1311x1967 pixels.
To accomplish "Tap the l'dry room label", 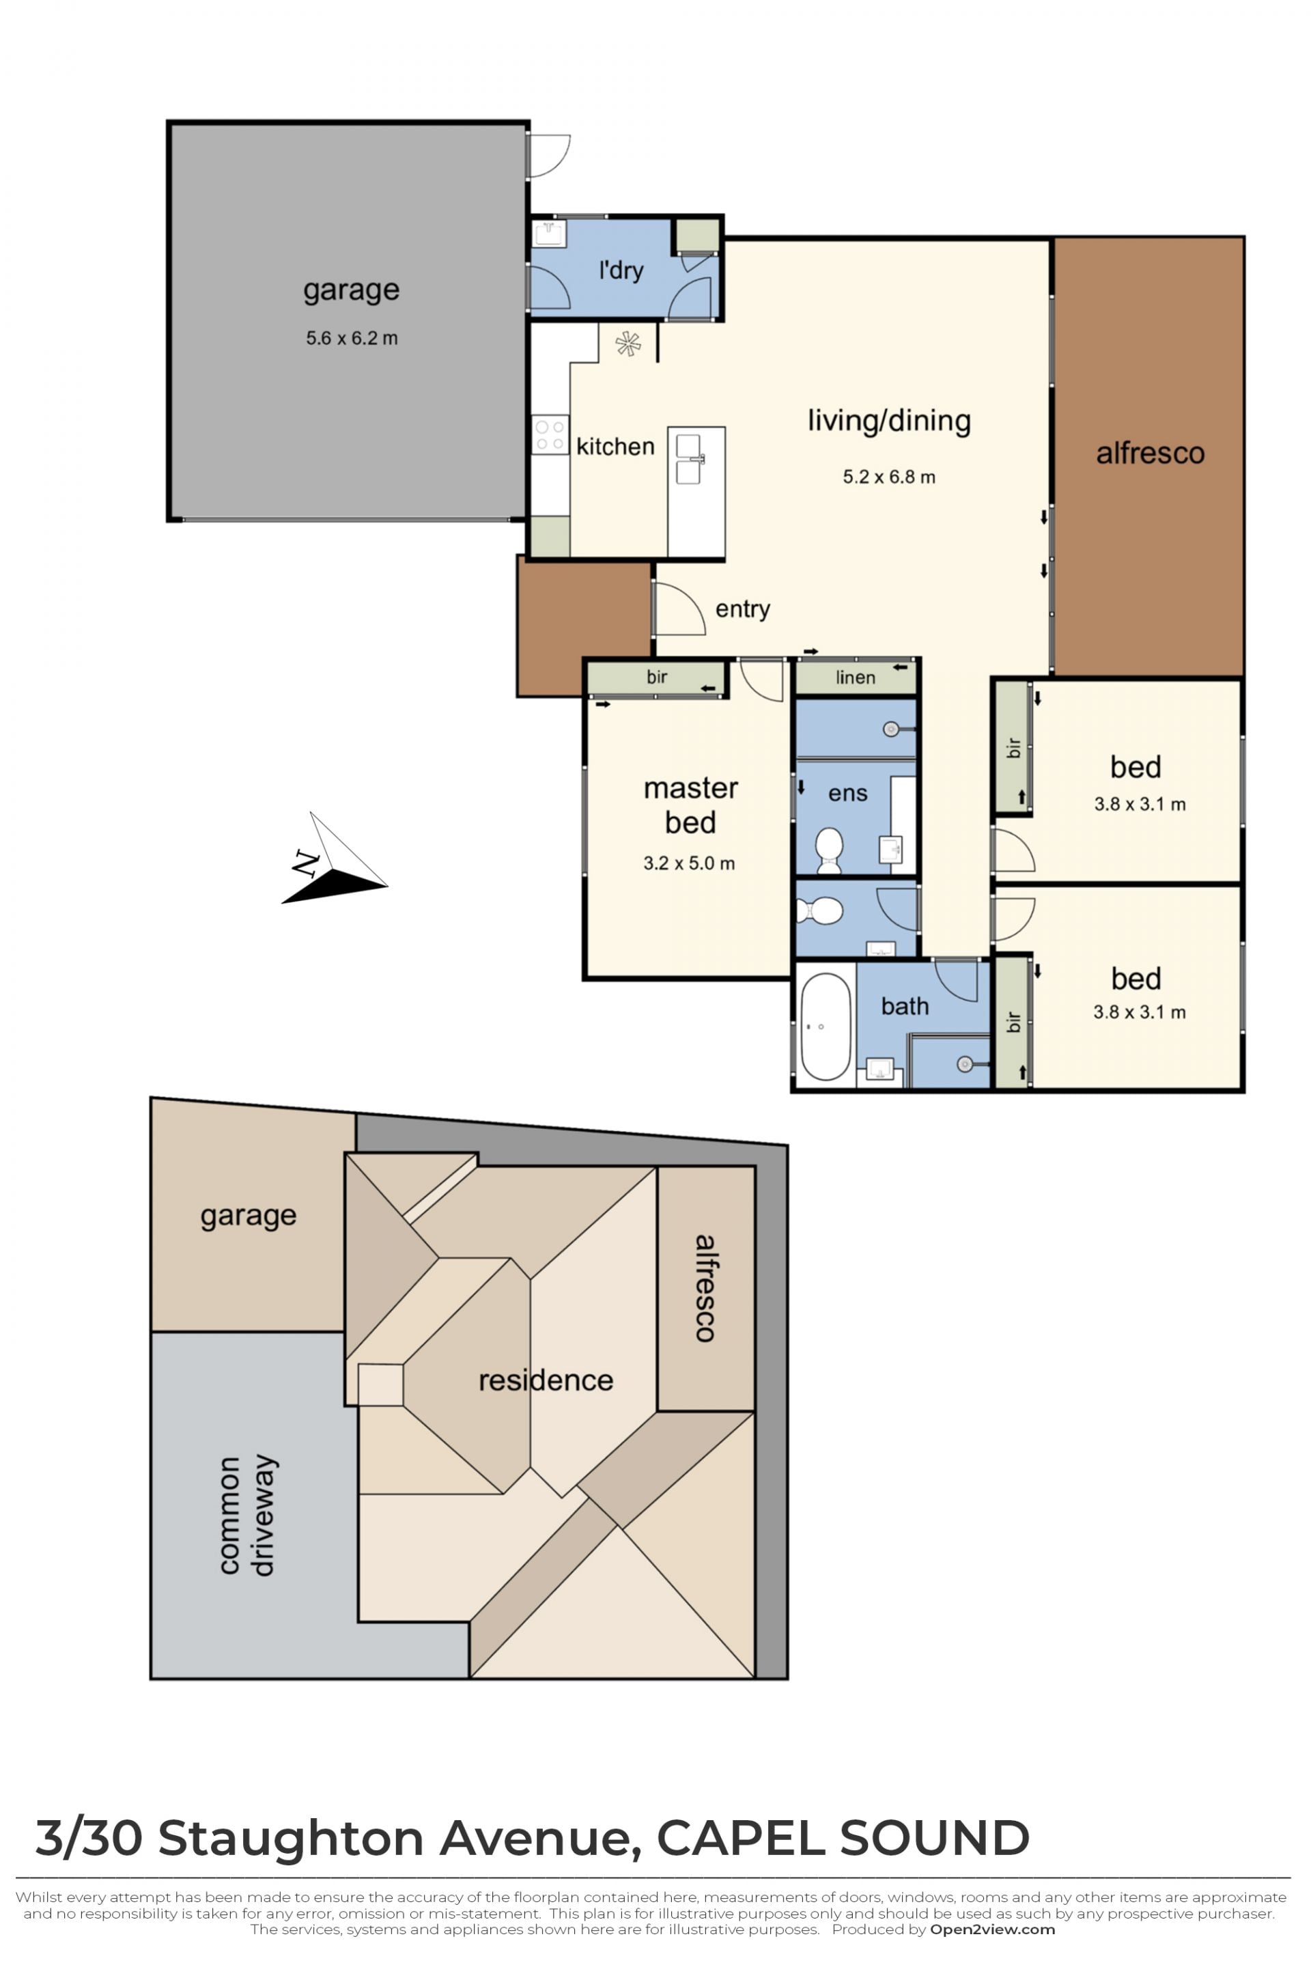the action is pyautogui.click(x=621, y=270).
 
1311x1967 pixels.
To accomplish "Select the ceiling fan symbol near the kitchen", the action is pyautogui.click(x=628, y=344).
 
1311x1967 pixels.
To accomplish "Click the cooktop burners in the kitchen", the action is pyautogui.click(x=549, y=435).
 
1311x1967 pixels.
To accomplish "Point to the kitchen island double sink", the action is pyautogui.click(x=689, y=458).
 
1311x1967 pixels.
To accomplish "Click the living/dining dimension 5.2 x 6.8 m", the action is pyautogui.click(x=889, y=477).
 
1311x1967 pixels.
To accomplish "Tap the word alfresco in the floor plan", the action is pyautogui.click(x=1150, y=454).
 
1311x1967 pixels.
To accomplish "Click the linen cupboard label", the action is pyautogui.click(x=856, y=678).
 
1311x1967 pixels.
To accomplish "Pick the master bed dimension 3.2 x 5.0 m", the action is pyautogui.click(x=689, y=863).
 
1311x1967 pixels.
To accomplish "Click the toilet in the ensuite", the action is pyautogui.click(x=830, y=850).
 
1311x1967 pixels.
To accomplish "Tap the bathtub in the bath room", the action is pyautogui.click(x=826, y=1026).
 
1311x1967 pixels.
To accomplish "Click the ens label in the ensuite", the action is pyautogui.click(x=848, y=793).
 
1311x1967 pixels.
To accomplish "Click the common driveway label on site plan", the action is pyautogui.click(x=246, y=1516).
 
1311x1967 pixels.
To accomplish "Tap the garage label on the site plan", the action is pyautogui.click(x=249, y=1215).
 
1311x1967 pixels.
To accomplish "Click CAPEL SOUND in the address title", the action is pyautogui.click(x=843, y=1837).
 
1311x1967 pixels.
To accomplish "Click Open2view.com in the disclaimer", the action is pyautogui.click(x=992, y=1929).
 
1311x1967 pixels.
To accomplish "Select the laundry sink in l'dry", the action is pyautogui.click(x=549, y=234).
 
